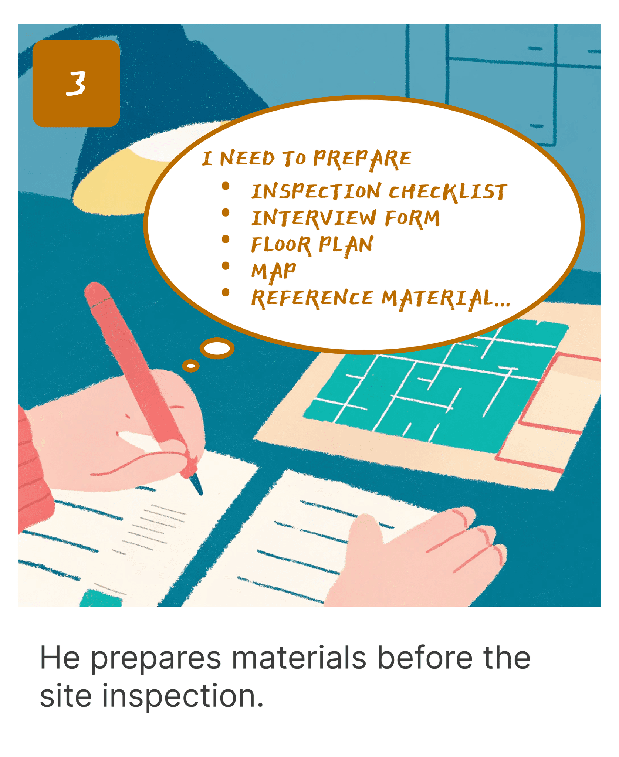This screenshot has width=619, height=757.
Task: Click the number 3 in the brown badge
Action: pyautogui.click(x=76, y=84)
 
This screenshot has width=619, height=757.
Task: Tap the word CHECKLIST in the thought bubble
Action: pyautogui.click(x=448, y=192)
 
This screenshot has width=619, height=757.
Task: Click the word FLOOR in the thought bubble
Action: pyautogui.click(x=281, y=245)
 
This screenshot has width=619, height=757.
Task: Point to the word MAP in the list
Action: pyautogui.click(x=274, y=272)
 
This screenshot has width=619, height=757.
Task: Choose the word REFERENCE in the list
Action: pyautogui.click(x=312, y=299)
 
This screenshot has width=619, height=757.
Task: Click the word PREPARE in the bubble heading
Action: pyautogui.click(x=362, y=159)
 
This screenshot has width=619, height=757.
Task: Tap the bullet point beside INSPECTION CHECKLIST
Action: pyautogui.click(x=226, y=186)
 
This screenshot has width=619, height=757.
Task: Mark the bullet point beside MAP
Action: pyautogui.click(x=226, y=266)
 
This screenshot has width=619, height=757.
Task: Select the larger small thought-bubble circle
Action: pyautogui.click(x=217, y=348)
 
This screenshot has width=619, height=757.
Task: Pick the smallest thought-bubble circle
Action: pyautogui.click(x=191, y=366)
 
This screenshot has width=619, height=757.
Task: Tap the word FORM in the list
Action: pyautogui.click(x=412, y=218)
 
